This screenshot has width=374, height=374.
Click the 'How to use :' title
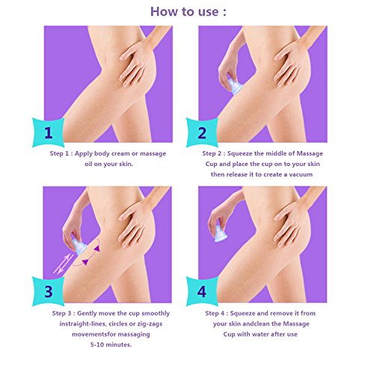(x=188, y=11)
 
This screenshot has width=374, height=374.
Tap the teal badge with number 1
(x=49, y=132)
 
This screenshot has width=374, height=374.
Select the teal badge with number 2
(x=202, y=132)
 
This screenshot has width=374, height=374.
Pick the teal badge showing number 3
(x=49, y=292)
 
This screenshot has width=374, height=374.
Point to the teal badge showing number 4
(x=202, y=292)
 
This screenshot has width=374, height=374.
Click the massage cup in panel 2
(x=235, y=86)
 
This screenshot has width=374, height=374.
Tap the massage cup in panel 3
(x=79, y=245)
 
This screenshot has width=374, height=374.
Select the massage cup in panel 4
(x=221, y=233)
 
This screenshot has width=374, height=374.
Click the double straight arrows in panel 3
(x=64, y=264)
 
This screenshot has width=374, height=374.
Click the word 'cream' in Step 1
(x=120, y=153)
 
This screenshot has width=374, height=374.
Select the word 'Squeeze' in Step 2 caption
(x=239, y=154)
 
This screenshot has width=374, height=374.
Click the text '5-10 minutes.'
(x=111, y=345)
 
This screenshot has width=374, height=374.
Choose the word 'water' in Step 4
(x=275, y=334)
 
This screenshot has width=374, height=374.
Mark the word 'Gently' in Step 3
(x=88, y=313)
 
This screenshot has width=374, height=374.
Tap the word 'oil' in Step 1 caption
(x=88, y=164)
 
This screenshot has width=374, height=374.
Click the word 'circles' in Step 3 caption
(x=120, y=324)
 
